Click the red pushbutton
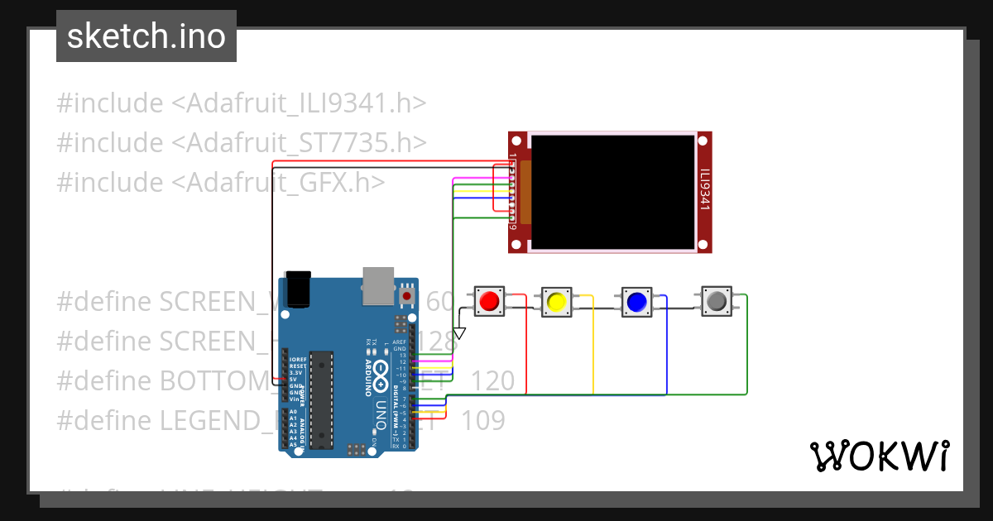(x=488, y=300)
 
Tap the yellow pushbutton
(x=556, y=302)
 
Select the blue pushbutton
(x=636, y=302)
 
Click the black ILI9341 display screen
(x=612, y=191)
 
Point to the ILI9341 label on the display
(x=704, y=190)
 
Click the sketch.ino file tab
(x=146, y=36)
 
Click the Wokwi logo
(x=879, y=456)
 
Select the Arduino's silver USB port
(x=378, y=284)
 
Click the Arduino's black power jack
(x=297, y=289)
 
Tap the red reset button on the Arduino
(x=407, y=294)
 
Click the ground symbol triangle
(x=459, y=333)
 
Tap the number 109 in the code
(x=482, y=421)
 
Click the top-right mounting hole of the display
(x=703, y=137)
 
